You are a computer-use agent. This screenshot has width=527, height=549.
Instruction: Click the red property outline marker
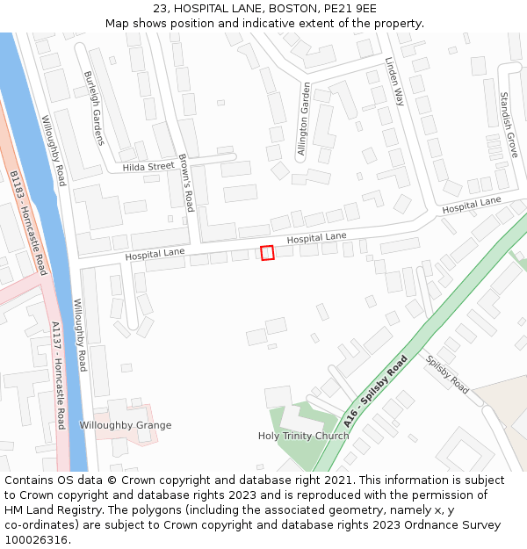point(268,253)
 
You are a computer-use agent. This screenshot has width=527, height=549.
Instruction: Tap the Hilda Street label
point(148,167)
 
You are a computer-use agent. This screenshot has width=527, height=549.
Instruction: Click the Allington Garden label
point(303,119)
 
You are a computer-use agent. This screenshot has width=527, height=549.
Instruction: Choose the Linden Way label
point(393,82)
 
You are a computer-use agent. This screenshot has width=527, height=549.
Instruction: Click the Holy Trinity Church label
point(303,436)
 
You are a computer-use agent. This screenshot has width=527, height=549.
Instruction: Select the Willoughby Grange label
point(126,425)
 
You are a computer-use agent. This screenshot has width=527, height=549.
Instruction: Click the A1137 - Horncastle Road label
point(57,376)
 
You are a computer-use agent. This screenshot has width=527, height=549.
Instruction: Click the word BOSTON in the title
point(296,9)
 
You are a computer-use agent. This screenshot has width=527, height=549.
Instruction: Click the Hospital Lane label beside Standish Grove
point(472,206)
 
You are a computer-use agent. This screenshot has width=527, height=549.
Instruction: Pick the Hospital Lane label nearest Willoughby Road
point(155,253)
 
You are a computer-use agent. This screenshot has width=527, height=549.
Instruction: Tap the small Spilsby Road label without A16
point(447,374)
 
